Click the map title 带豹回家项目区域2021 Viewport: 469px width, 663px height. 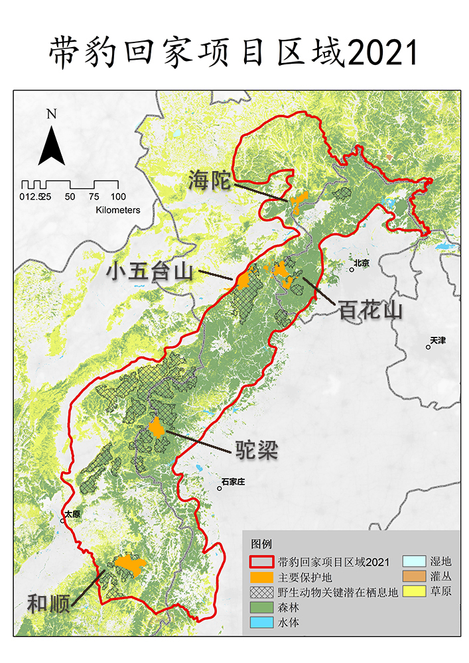pyautogui.click(x=234, y=52)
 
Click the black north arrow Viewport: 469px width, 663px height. pyautogui.click(x=51, y=147)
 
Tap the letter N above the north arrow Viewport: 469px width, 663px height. pyautogui.click(x=51, y=113)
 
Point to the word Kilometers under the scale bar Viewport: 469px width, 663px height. pyautogui.click(x=118, y=210)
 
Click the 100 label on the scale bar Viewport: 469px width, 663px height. pyautogui.click(x=118, y=196)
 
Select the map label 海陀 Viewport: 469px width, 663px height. pyautogui.click(x=208, y=180)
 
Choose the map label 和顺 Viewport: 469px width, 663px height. pyautogui.click(x=48, y=604)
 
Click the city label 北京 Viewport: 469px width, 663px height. pyautogui.click(x=362, y=263)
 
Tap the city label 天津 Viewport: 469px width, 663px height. pyautogui.click(x=438, y=340)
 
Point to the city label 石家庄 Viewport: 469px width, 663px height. pyautogui.click(x=233, y=481)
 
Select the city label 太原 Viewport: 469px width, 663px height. pyautogui.click(x=72, y=514)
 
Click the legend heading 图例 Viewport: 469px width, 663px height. pyautogui.click(x=262, y=544)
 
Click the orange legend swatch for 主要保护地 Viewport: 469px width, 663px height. pyautogui.click(x=263, y=577)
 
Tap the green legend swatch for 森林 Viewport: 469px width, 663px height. pyautogui.click(x=263, y=607)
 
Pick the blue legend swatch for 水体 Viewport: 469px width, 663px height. pyautogui.click(x=263, y=623)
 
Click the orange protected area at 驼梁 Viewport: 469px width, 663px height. pyautogui.click(x=157, y=428)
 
